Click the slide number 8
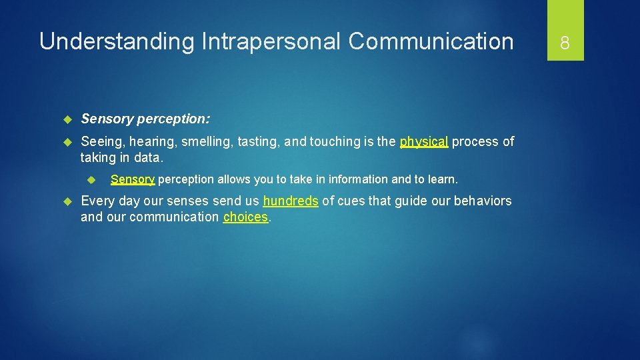tap(565, 43)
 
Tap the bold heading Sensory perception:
tap(145, 119)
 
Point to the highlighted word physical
tap(424, 141)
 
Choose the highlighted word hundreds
tap(291, 201)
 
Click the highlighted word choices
tap(246, 217)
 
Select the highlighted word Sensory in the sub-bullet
tap(133, 179)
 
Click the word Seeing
tap(101, 141)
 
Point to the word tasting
tap(259, 141)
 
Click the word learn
tap(443, 179)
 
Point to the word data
tap(149, 157)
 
